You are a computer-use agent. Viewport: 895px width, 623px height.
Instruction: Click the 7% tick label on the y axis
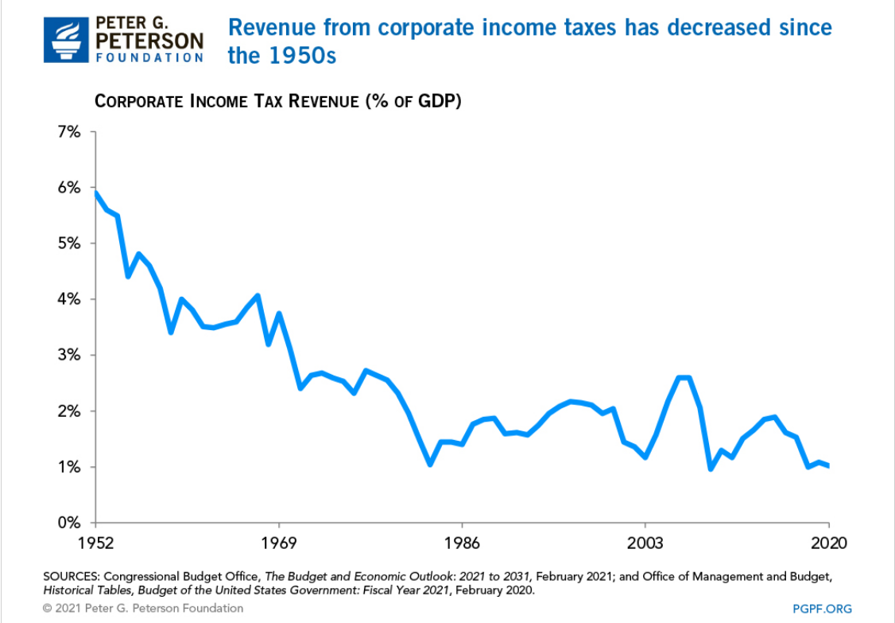point(69,132)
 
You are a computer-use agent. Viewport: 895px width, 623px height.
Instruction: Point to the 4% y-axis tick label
point(69,300)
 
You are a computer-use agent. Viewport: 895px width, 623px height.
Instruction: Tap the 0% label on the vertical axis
point(69,524)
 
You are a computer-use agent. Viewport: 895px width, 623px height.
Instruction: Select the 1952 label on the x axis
point(95,544)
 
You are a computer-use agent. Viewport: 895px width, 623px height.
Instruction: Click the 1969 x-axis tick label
point(279,544)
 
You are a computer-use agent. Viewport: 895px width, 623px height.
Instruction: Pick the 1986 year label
point(462,544)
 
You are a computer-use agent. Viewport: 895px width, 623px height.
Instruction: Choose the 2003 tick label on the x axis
point(645,544)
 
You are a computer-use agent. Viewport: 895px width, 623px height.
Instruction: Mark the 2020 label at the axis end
point(828,544)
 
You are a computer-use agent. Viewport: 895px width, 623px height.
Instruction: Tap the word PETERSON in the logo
point(149,39)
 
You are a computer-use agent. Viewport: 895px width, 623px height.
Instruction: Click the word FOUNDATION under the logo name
point(149,57)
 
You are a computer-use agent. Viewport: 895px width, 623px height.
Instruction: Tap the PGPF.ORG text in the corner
point(822,609)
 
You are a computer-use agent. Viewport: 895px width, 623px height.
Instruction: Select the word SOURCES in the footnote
point(72,575)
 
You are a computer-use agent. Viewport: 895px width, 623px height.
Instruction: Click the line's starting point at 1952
point(95,193)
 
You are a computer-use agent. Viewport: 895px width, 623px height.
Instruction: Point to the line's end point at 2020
point(828,465)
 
